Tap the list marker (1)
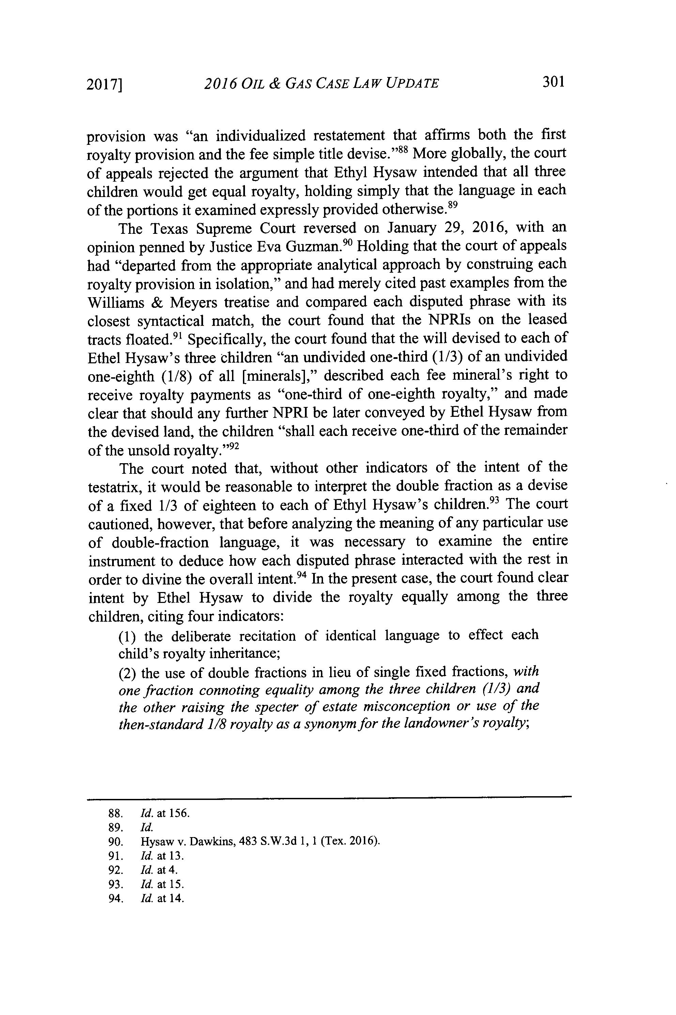coord(128,636)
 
